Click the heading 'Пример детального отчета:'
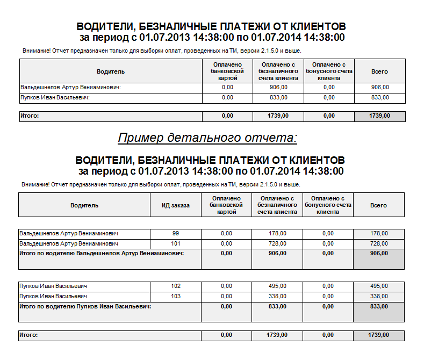pyautogui.click(x=207, y=138)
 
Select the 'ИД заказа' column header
pyautogui.click(x=176, y=205)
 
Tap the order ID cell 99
pyautogui.click(x=176, y=233)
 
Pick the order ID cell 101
pyautogui.click(x=176, y=243)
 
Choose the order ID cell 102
pyautogui.click(x=176, y=286)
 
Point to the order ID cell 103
pyautogui.click(x=176, y=296)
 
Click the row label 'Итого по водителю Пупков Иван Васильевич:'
pyautogui.click(x=85, y=306)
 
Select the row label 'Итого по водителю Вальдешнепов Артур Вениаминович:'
pyautogui.click(x=102, y=253)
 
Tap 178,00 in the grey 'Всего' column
pyautogui.click(x=379, y=233)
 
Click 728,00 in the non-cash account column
pyautogui.click(x=277, y=243)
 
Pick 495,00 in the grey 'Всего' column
pyautogui.click(x=379, y=286)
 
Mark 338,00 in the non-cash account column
pyautogui.click(x=277, y=296)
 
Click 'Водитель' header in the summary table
pyautogui.click(x=111, y=71)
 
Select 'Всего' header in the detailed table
pyautogui.click(x=379, y=205)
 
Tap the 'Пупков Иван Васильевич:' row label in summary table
pyautogui.click(x=54, y=97)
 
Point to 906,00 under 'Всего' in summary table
pyautogui.click(x=380, y=87)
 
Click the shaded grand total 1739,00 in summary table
pyautogui.click(x=380, y=116)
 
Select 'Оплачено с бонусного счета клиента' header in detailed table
pyautogui.click(x=328, y=205)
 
